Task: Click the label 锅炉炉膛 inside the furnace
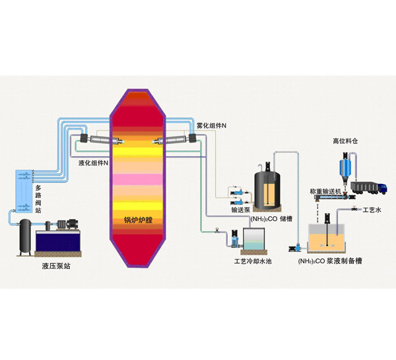tap(139, 220)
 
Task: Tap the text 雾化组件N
tap(211, 125)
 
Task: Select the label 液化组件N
tap(93, 162)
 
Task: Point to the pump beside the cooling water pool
tap(233, 238)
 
